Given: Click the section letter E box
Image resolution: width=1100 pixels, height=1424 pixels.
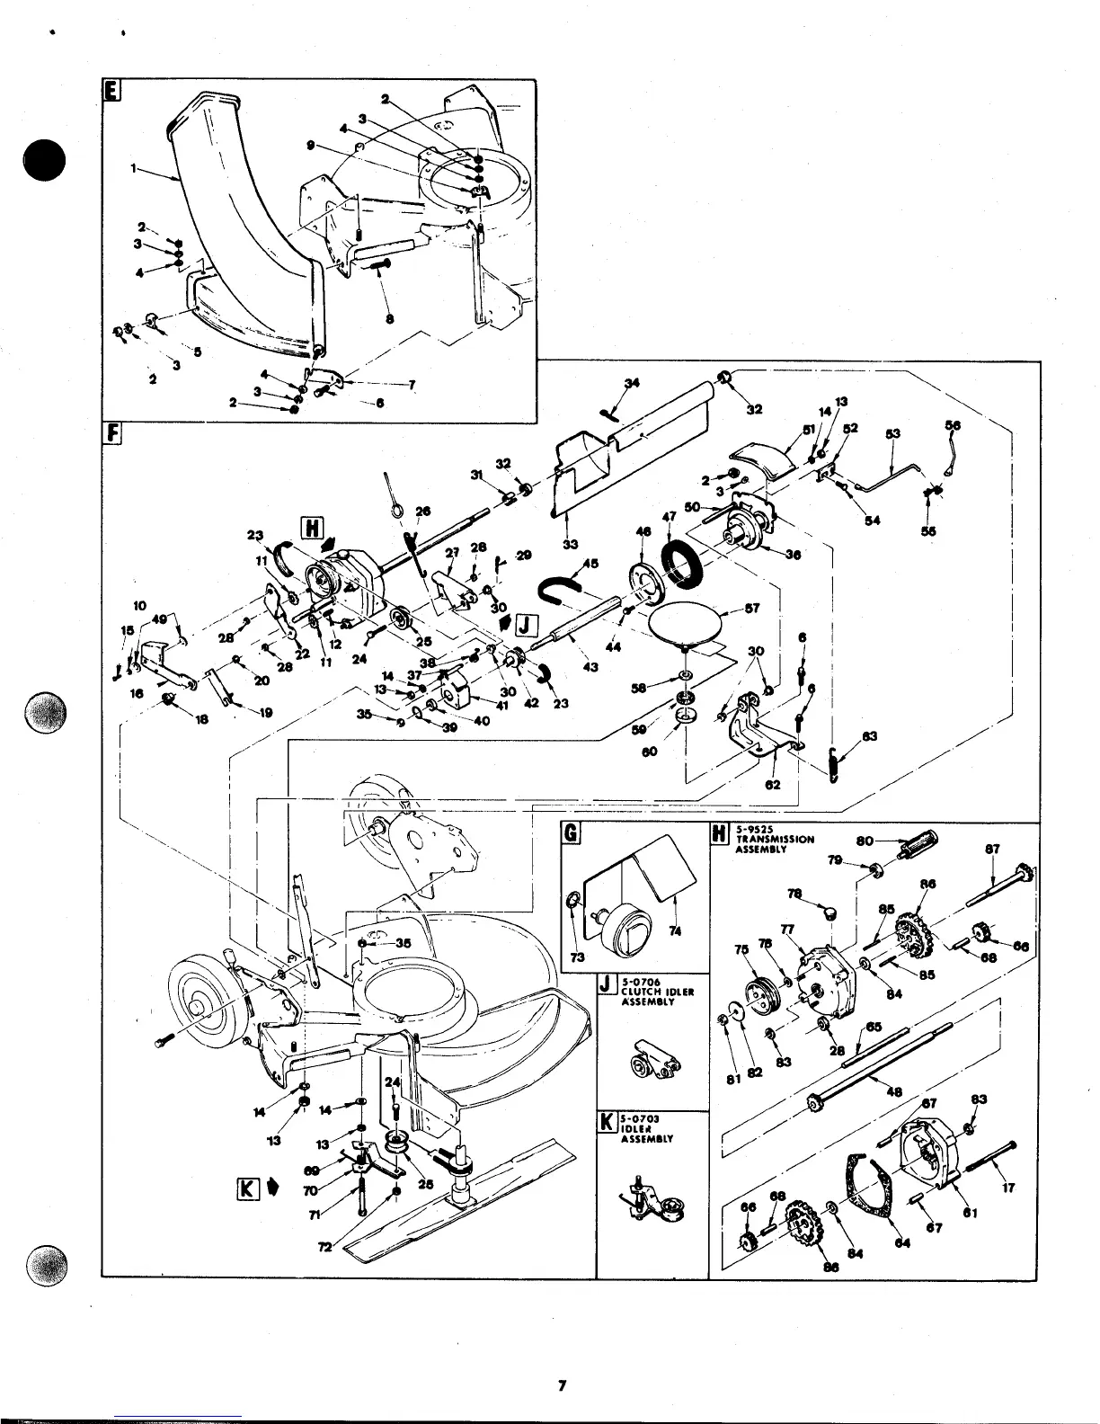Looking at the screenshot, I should click(111, 92).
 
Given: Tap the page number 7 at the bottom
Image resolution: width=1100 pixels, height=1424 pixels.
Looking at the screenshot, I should click(560, 1385).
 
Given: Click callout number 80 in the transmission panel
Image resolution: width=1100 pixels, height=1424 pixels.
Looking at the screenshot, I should click(865, 842).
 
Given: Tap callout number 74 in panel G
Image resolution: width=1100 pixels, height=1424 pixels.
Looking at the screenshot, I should click(675, 931).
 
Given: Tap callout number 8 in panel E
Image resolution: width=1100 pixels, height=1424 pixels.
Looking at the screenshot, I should click(388, 317).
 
